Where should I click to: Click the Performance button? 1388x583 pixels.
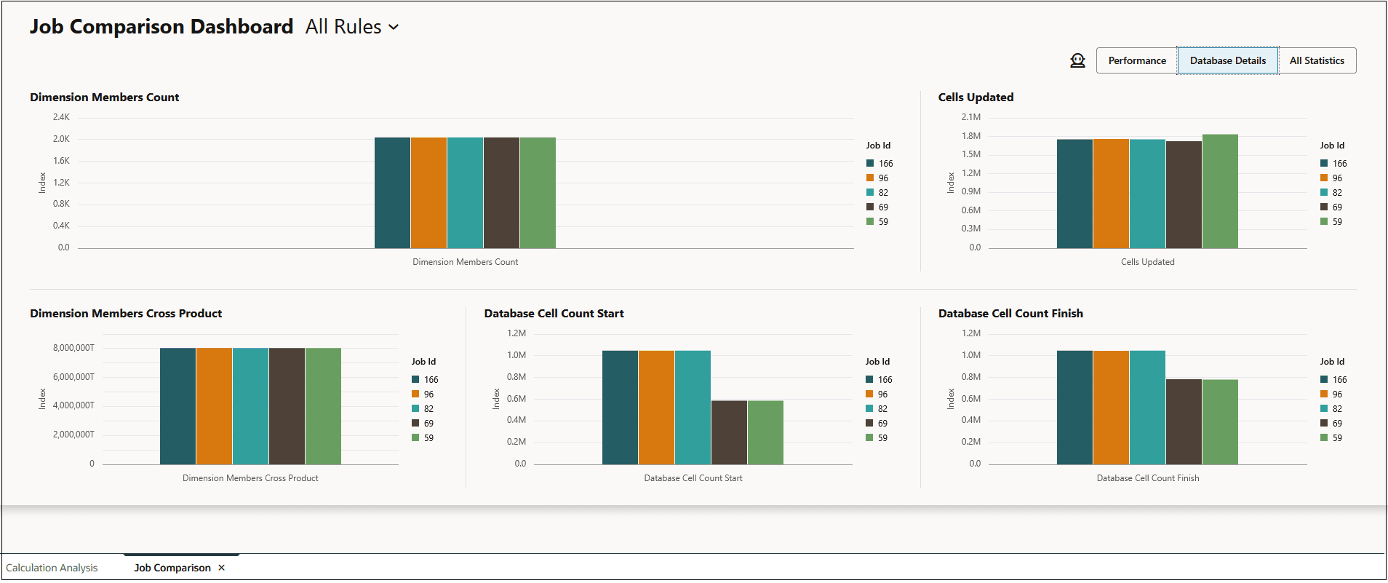[x=1136, y=60]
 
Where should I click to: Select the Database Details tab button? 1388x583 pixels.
[x=1227, y=60]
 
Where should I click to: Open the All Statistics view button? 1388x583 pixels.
[x=1317, y=60]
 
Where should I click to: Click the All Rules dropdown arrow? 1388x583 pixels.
[x=394, y=27]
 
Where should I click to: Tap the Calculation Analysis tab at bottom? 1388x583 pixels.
[x=52, y=568]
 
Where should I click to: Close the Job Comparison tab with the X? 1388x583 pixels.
[x=222, y=568]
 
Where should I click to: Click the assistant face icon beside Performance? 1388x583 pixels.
[x=1077, y=60]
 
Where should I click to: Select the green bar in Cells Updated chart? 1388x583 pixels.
[x=1220, y=191]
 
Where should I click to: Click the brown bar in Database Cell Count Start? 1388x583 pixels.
[x=729, y=432]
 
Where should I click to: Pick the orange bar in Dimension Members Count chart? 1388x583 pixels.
[x=428, y=193]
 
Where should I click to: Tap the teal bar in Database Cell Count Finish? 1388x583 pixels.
[x=1147, y=408]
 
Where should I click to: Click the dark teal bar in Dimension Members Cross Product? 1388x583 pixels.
[x=178, y=406]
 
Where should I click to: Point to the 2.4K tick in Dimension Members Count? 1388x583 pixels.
[x=61, y=117]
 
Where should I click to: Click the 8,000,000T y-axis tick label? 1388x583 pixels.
[x=73, y=348]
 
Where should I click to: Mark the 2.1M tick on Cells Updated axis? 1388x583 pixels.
[x=970, y=117]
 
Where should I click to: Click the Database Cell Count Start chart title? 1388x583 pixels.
[x=554, y=314]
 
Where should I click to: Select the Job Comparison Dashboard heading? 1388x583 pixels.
[x=161, y=27]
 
